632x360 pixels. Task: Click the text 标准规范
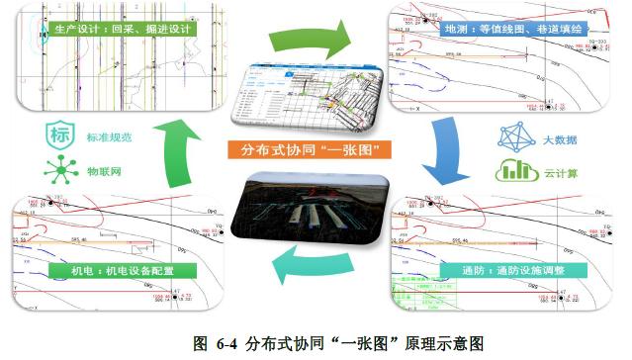[109, 135]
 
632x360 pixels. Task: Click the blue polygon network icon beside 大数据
[514, 136]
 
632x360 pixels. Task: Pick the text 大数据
[560, 137]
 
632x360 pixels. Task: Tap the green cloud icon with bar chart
[514, 170]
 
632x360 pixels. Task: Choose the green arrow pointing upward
[176, 148]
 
